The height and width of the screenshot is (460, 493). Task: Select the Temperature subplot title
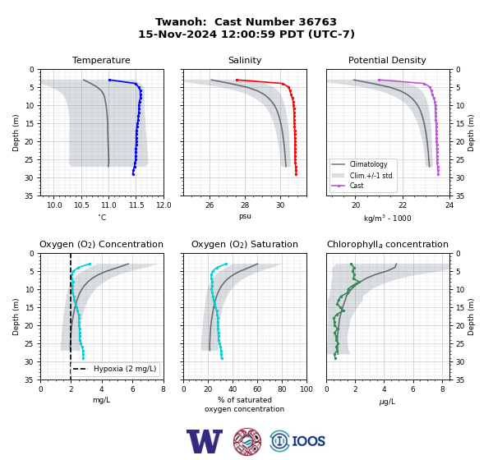[101, 60]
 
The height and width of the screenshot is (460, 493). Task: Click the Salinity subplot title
[245, 60]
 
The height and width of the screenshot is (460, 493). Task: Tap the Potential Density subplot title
[387, 60]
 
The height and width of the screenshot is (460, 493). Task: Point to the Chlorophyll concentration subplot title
[387, 244]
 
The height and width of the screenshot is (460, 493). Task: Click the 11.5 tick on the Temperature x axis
[136, 205]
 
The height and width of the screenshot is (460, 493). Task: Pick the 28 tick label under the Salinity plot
[245, 205]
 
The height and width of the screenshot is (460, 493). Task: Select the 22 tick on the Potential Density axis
[403, 205]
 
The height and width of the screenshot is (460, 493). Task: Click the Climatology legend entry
[368, 164]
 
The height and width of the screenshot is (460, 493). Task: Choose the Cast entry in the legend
[357, 186]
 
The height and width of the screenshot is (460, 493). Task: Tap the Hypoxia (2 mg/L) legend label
[125, 369]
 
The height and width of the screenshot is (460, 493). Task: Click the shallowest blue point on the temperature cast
[110, 80]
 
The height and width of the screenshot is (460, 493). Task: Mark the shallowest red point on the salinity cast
[237, 80]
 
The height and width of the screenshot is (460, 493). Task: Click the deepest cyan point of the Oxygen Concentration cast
[83, 358]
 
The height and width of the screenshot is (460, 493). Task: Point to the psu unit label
[245, 216]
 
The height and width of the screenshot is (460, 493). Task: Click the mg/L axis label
[102, 400]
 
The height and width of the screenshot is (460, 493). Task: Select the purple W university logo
[205, 441]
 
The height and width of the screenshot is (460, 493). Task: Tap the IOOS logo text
[309, 441]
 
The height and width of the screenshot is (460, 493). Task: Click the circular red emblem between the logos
[247, 442]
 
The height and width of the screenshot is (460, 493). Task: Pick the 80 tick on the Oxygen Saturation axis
[282, 389]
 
